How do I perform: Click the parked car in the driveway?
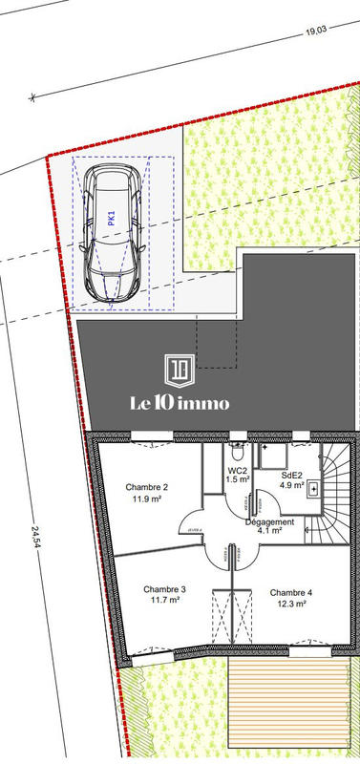tap(113, 232)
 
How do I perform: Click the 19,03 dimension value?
tap(315, 32)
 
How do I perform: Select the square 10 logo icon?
tap(180, 370)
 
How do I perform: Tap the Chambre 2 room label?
tap(147, 487)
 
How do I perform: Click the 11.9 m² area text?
tap(147, 499)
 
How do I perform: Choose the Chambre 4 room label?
tap(291, 592)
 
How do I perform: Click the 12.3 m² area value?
tap(291, 604)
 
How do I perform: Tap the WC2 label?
tap(238, 471)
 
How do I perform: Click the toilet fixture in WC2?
tap(238, 448)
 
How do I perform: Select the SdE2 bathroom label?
tap(291, 475)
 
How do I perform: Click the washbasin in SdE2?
tap(316, 488)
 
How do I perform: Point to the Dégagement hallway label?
tap(269, 522)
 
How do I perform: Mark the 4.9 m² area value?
tap(290, 486)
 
